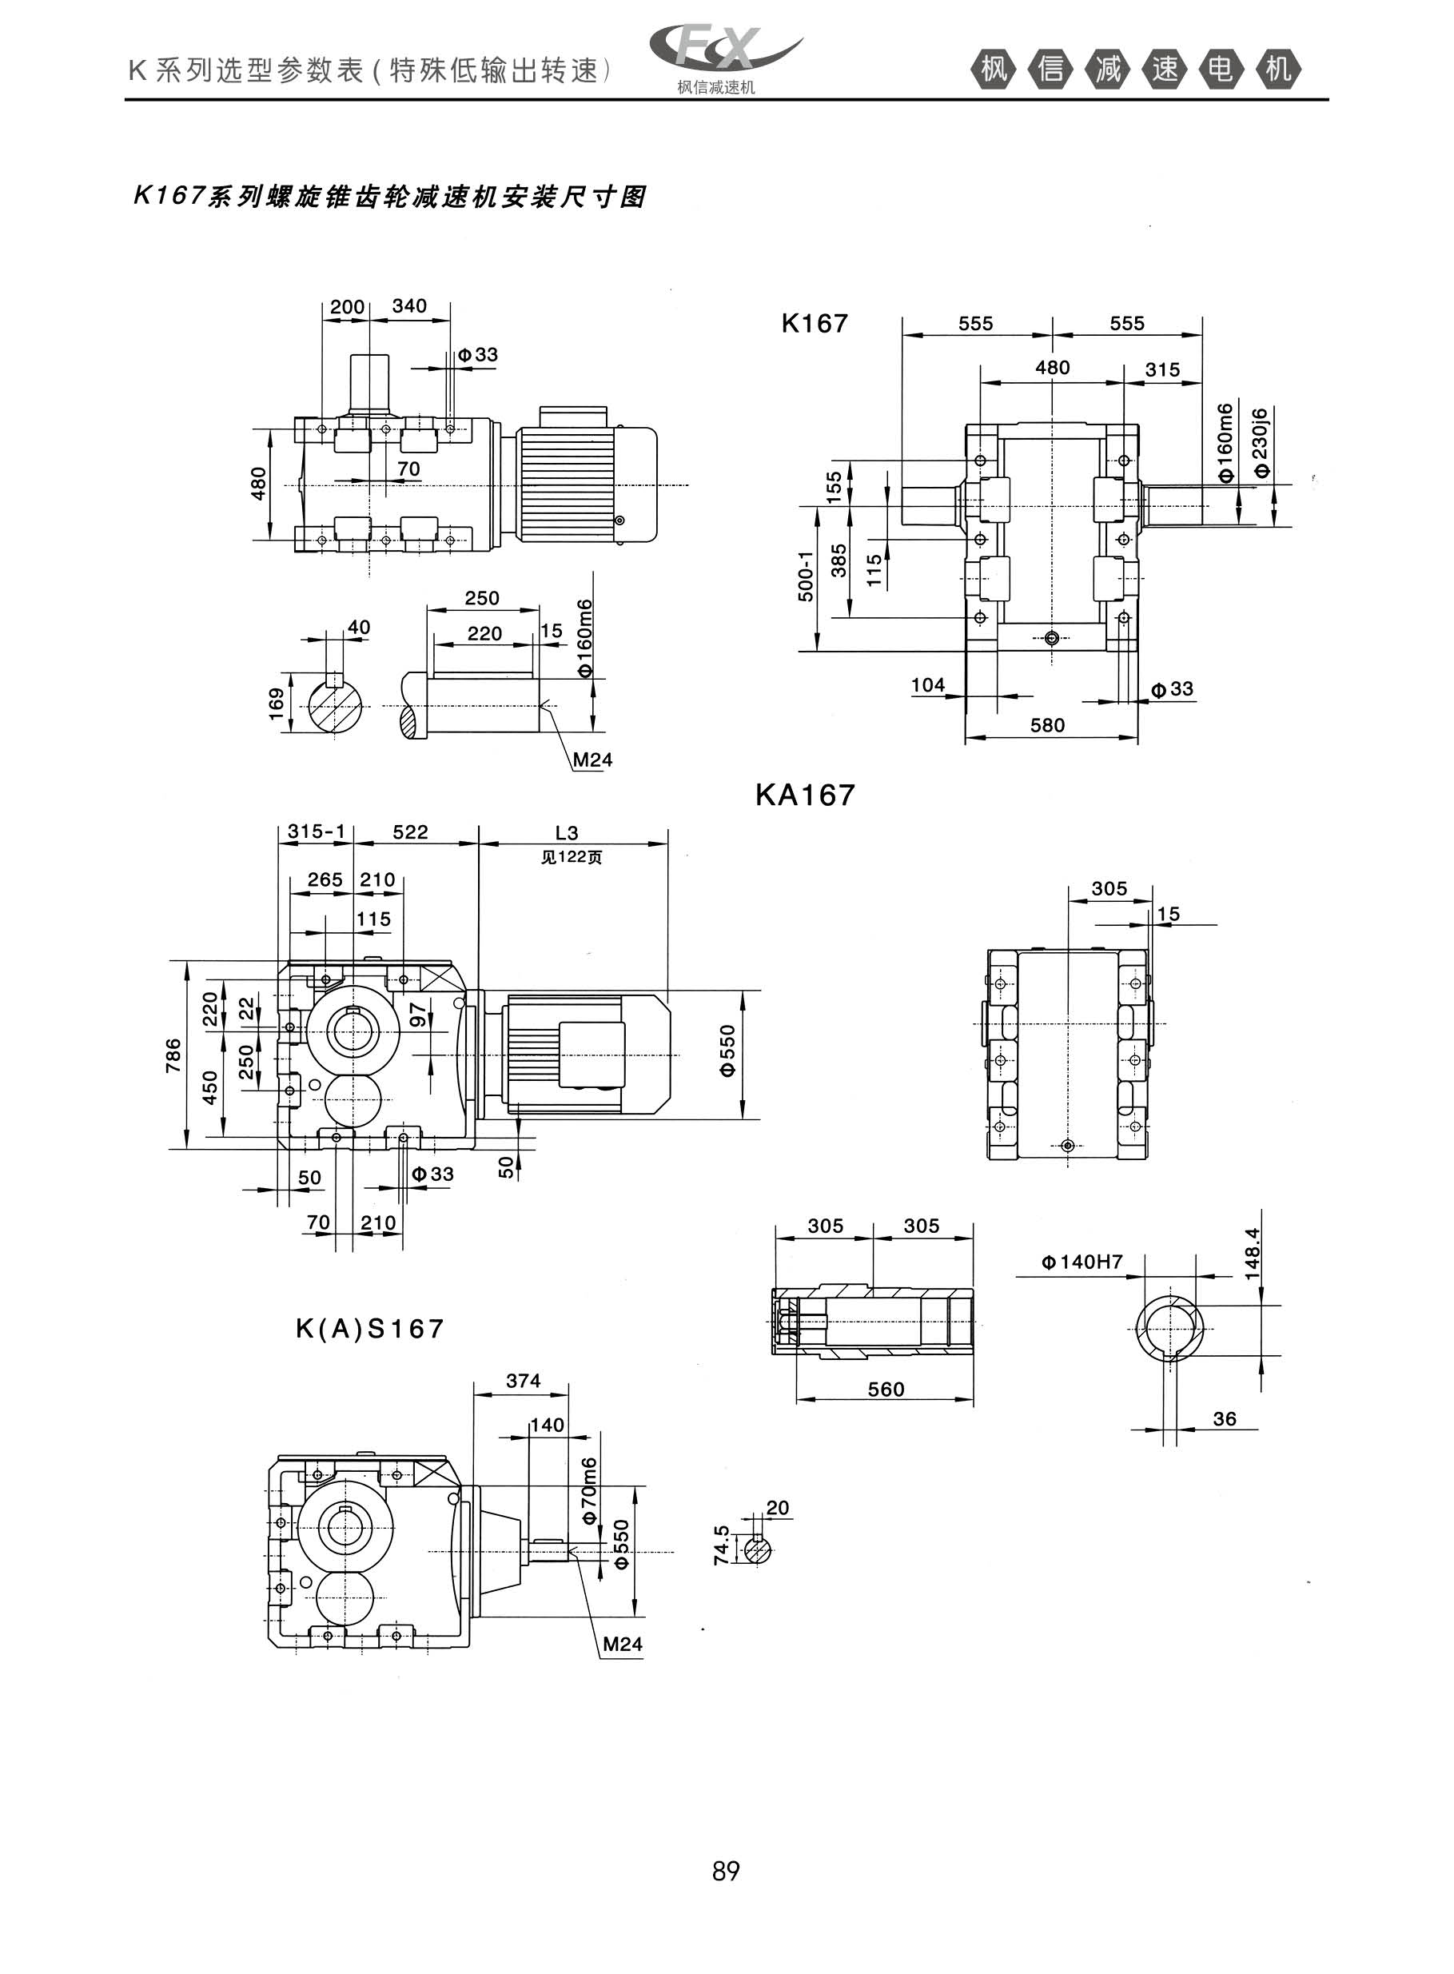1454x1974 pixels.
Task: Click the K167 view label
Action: coord(815,324)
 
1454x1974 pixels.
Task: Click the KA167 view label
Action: coord(804,796)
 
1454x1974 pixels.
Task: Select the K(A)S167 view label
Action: coord(369,1328)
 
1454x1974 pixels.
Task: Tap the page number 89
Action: coord(726,1871)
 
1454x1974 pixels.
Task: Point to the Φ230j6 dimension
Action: coord(1261,442)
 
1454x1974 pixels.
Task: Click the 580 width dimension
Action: coord(1047,725)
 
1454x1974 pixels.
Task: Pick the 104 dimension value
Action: coord(928,684)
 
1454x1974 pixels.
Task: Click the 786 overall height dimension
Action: coord(173,1055)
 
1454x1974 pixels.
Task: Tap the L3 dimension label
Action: coord(567,832)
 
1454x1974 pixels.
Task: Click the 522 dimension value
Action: coord(410,831)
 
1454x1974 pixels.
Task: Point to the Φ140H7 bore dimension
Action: coord(1082,1262)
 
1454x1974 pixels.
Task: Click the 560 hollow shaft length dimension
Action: coord(886,1389)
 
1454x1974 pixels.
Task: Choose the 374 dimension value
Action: coord(523,1381)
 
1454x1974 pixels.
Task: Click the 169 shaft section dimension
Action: coord(277,704)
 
